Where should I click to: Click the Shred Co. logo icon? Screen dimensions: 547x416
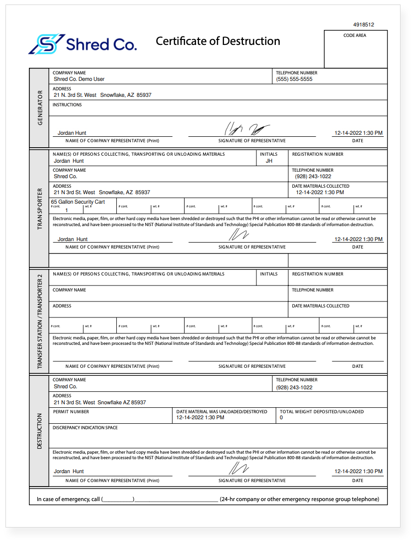[x=46, y=44]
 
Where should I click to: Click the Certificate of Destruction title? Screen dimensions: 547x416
[x=217, y=41]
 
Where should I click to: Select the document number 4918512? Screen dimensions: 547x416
[x=363, y=24]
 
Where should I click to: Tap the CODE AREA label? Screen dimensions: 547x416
[x=355, y=36]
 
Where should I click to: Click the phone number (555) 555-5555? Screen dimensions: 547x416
[x=294, y=79]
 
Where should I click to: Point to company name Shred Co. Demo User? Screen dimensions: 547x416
[x=79, y=79]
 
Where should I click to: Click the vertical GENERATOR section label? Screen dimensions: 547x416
[x=39, y=108]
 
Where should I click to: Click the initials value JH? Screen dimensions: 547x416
[x=269, y=161]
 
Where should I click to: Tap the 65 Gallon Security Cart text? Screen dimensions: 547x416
[x=78, y=202]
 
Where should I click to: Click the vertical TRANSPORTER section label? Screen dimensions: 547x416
[x=39, y=209]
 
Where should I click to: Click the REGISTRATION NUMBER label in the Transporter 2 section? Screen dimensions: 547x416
[x=317, y=274]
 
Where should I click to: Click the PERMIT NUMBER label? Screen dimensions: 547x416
[x=71, y=412]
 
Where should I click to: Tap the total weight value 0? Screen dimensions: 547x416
[x=281, y=418]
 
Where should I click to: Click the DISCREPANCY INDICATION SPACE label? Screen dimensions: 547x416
[x=85, y=428]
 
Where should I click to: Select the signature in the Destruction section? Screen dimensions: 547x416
[x=239, y=468]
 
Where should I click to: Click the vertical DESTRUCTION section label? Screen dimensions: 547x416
[x=39, y=431]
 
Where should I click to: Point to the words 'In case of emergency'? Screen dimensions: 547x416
[x=68, y=499]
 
